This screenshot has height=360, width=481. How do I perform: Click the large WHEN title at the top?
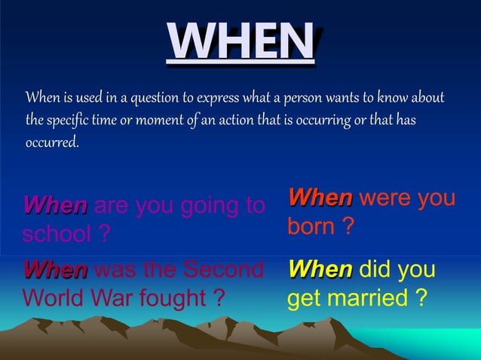click(x=240, y=41)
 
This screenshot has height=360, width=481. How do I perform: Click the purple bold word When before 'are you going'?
click(x=55, y=205)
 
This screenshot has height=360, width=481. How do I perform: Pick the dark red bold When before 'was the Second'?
click(x=55, y=269)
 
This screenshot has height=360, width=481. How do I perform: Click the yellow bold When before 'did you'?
click(x=320, y=269)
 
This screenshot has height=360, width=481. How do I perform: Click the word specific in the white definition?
click(x=73, y=121)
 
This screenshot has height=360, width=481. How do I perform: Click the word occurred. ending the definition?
click(x=52, y=142)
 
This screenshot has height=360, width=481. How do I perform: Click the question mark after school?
click(x=105, y=233)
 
